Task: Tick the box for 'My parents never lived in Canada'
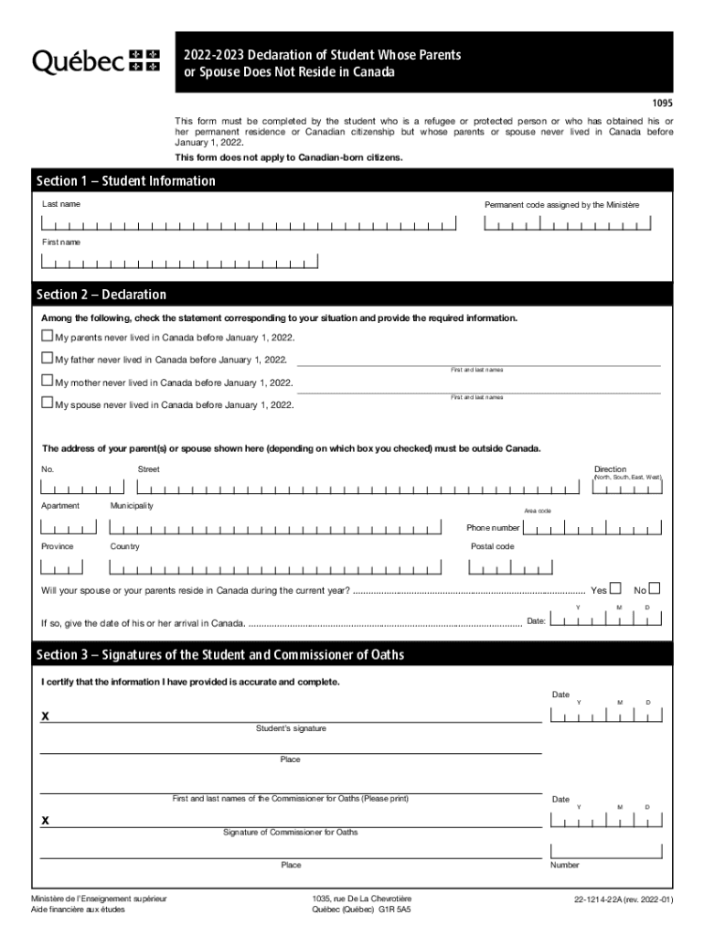click(x=48, y=337)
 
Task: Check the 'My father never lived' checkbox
click(x=48, y=359)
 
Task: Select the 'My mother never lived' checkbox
click(x=48, y=381)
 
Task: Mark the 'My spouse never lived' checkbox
click(x=48, y=403)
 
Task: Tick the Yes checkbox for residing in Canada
click(x=615, y=588)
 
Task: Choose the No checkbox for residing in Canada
click(x=654, y=588)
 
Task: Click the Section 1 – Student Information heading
click(x=126, y=181)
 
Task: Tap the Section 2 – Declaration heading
click(x=101, y=295)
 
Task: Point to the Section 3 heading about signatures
click(x=219, y=655)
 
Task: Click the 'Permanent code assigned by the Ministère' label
click(x=561, y=204)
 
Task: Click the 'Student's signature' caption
click(x=291, y=728)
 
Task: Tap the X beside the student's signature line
click(x=45, y=716)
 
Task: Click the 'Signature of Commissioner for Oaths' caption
click(x=291, y=833)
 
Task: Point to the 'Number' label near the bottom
click(x=564, y=865)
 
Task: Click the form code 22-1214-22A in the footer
click(x=624, y=899)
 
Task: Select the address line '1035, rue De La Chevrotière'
click(x=361, y=899)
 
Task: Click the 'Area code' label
click(x=537, y=511)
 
